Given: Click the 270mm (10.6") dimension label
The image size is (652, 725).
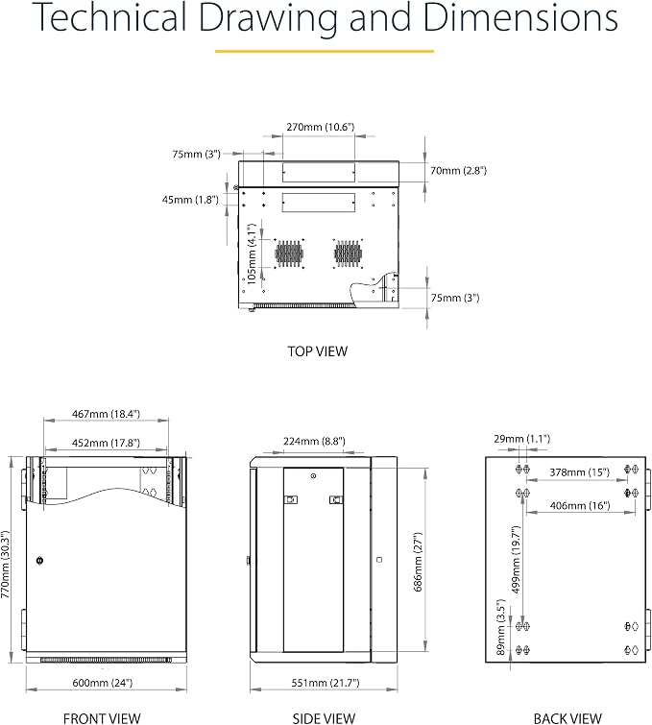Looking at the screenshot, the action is point(320,127).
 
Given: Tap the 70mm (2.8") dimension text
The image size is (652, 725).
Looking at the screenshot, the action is point(458,171).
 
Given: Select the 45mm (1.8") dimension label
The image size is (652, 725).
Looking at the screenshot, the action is point(190,200).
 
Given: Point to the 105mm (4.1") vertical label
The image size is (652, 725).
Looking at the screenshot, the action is point(251,254).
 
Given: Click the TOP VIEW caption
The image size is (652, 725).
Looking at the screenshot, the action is point(317,351).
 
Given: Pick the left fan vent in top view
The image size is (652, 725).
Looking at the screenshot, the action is point(289,254).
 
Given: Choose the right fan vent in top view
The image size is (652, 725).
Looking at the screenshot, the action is point(348,254).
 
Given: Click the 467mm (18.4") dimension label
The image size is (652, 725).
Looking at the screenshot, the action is point(106,414).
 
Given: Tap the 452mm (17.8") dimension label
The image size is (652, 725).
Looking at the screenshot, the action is point(106,443).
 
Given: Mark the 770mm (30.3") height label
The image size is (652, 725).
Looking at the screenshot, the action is point(6,564).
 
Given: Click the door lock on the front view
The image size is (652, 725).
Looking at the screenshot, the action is point(39,561).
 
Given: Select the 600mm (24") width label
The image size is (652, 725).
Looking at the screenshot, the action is point(103,683).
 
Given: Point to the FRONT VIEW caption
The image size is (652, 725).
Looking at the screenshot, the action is point(102,718).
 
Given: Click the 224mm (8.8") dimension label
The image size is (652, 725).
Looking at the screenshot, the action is point(314,442).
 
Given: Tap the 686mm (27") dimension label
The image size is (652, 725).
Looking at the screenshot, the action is point(418,563).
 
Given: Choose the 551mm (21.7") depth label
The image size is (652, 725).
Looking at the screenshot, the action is point(326,683).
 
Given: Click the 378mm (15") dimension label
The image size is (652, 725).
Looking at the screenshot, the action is point(580,472).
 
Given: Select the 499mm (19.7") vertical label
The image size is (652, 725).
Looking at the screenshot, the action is point(517,560).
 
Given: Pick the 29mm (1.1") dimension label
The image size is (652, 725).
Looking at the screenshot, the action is point(522,439).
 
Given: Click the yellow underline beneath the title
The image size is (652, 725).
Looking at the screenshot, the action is point(325,51).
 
